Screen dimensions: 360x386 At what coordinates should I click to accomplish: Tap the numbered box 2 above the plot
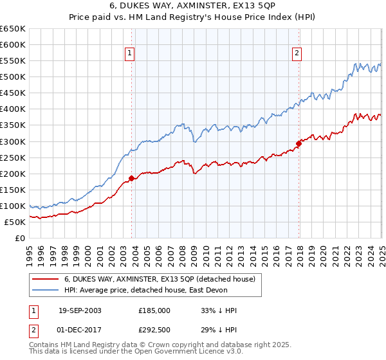point(297,53)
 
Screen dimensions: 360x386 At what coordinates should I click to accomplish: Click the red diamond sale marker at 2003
point(132,178)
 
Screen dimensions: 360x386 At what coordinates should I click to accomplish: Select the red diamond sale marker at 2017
point(299,143)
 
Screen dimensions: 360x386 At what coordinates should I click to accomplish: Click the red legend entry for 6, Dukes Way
point(160,279)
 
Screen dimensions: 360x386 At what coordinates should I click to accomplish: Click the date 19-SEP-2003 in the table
point(80,310)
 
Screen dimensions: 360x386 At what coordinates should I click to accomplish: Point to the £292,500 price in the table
point(154,328)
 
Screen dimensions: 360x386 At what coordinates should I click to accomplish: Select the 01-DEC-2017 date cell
point(80,328)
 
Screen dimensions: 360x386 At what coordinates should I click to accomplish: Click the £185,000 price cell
point(154,310)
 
